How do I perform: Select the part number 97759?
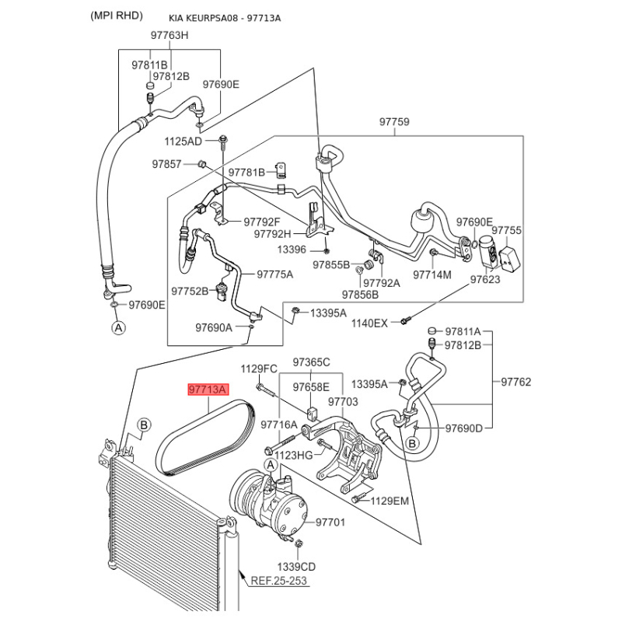[394, 122]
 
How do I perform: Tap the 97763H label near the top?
[169, 36]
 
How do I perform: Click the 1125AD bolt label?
[183, 142]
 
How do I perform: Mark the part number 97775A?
[275, 274]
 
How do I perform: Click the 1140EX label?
[369, 323]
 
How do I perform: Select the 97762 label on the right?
[515, 382]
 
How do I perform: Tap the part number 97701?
[330, 522]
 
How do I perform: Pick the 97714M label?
[432, 274]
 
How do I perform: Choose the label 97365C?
[311, 362]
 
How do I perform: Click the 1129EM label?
[390, 501]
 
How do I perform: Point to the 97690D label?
[464, 428]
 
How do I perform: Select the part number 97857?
[166, 164]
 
